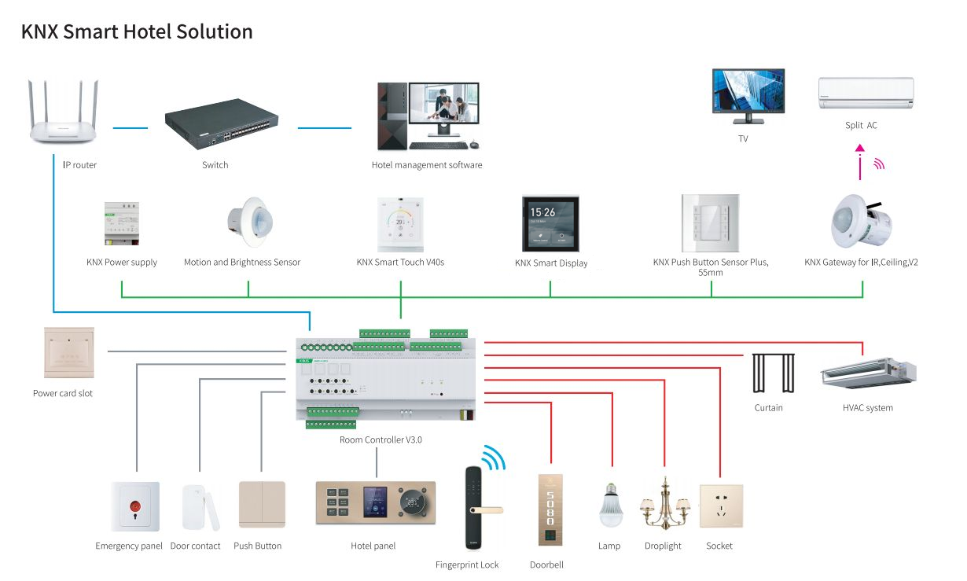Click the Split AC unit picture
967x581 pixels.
[866, 93]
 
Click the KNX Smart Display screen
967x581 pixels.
[550, 223]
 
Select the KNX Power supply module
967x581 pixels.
[122, 223]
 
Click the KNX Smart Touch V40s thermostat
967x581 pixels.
[400, 223]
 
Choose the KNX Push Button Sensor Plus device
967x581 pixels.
[710, 222]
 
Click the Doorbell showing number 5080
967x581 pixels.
[550, 509]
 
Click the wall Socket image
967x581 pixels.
[720, 506]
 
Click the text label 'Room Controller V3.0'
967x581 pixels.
[381, 439]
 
